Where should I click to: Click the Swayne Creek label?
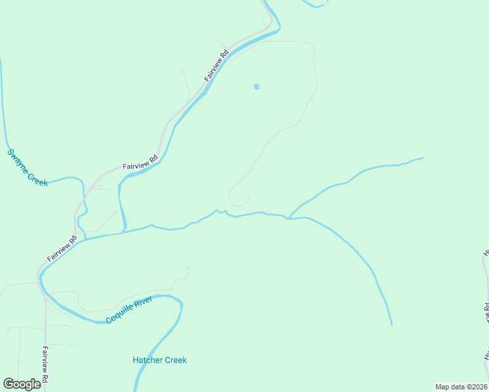pos(27,168)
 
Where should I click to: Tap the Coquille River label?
pos(129,310)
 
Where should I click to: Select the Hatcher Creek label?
pos(160,360)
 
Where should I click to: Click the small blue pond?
pos(256,86)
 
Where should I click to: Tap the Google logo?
pos(21,384)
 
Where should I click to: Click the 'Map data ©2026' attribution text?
pos(461,387)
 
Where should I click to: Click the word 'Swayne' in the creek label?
pos(19,160)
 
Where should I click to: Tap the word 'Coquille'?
pos(120,315)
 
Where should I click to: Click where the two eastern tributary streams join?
pos(288,218)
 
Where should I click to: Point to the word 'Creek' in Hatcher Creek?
pos(175,360)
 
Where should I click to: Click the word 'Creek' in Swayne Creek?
pos(38,178)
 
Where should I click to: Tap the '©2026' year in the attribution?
pos(475,387)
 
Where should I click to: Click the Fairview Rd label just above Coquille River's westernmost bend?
pos(62,248)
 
